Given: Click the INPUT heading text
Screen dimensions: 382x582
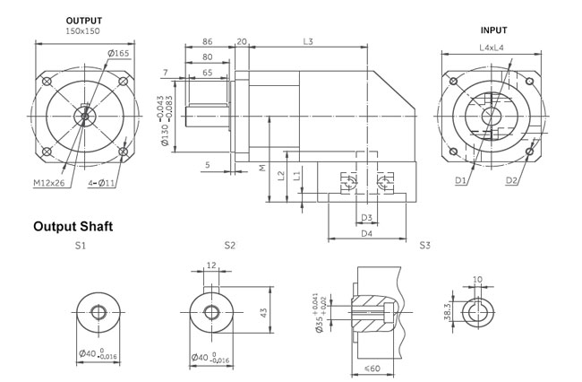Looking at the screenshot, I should point(493,30).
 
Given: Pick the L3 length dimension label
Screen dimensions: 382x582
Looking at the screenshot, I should point(309,42).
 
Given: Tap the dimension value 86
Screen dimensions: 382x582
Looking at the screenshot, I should point(208,42).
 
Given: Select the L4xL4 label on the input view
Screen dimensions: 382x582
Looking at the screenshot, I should point(492,47).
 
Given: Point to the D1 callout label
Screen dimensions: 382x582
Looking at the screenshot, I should point(460,181).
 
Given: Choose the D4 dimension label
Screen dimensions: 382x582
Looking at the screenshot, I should point(365,234).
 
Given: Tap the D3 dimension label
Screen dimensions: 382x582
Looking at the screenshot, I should point(365,218).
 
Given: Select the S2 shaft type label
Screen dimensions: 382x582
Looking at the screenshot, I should point(230,245).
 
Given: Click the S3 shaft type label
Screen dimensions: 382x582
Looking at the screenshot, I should point(425,245).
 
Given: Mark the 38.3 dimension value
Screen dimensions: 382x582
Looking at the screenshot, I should point(448,310).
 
